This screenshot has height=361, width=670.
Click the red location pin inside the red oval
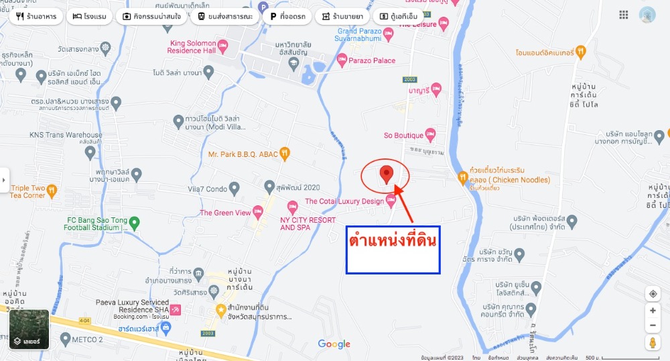click(385, 174)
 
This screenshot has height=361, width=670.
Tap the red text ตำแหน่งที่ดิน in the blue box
click(393, 239)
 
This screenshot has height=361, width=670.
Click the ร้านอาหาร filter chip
click(36, 16)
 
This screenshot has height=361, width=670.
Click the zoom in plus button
click(653, 311)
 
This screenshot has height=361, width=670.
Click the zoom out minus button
click(653, 326)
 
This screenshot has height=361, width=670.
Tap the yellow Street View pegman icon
click(653, 344)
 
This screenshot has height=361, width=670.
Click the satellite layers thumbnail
click(29, 329)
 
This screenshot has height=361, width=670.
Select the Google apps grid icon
click(624, 15)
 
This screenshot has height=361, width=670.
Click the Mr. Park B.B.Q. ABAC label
click(243, 154)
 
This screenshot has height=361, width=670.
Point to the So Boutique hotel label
click(404, 136)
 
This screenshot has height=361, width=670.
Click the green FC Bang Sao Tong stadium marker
click(135, 223)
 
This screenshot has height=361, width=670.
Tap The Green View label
click(225, 213)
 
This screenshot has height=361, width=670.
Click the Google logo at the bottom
click(334, 344)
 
